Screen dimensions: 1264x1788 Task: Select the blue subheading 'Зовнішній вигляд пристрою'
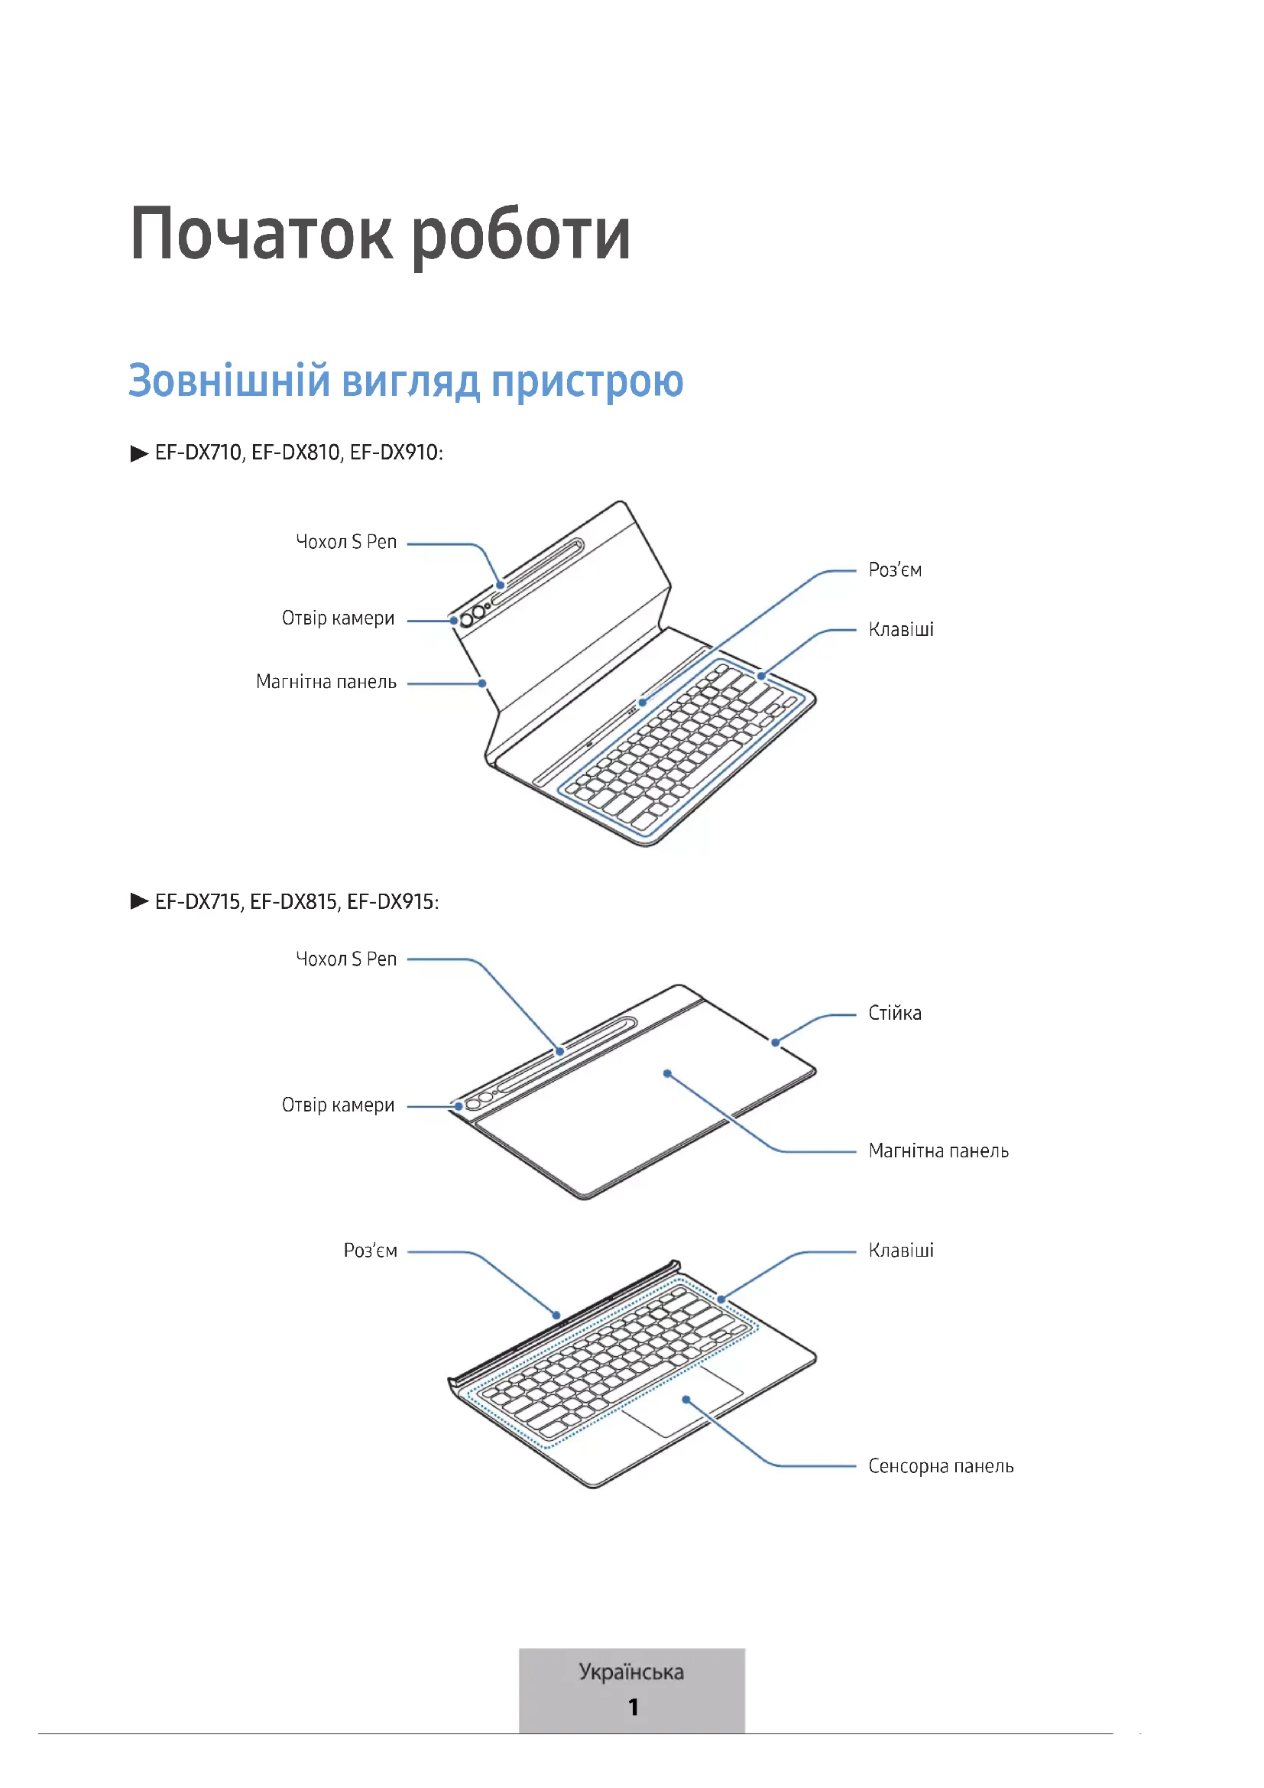(x=406, y=381)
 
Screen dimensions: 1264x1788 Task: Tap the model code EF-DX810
(x=296, y=453)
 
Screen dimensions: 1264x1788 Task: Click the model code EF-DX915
(x=391, y=902)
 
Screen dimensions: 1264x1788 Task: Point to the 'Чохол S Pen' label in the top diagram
(x=346, y=542)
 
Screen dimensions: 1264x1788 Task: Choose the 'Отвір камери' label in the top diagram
(x=338, y=618)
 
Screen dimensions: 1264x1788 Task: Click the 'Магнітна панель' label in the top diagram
(x=326, y=682)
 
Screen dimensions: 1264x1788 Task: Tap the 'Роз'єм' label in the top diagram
(x=895, y=570)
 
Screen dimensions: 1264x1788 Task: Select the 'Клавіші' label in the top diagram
(x=900, y=629)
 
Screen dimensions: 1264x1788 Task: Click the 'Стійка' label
(x=894, y=1013)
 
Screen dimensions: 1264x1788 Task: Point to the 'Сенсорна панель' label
(x=940, y=1466)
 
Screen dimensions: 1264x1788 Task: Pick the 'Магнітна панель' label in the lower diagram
(x=938, y=1151)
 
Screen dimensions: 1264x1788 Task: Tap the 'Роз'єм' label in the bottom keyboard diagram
(x=371, y=1251)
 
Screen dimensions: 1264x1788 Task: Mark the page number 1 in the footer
(x=633, y=1707)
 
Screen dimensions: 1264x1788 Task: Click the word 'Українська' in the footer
(x=631, y=1672)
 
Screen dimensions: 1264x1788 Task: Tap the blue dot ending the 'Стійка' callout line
(x=775, y=1042)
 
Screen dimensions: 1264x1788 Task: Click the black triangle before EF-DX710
(x=139, y=453)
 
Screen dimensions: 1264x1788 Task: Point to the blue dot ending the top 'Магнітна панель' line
(x=482, y=683)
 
